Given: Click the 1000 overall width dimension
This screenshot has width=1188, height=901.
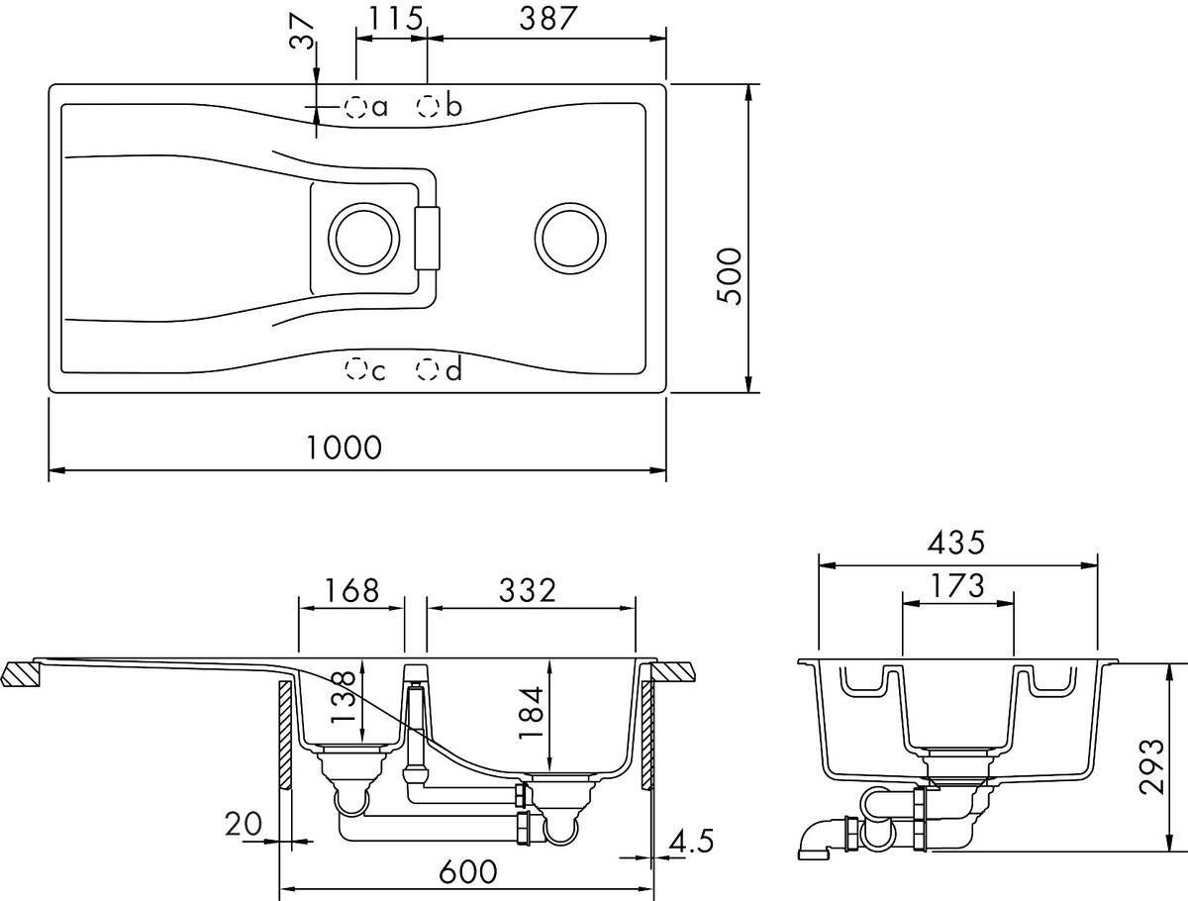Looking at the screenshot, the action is tap(345, 447).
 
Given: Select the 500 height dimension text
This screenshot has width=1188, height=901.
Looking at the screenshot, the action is tap(729, 276).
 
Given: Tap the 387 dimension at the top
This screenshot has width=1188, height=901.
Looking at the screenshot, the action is tap(547, 18).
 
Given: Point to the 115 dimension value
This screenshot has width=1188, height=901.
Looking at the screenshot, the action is tap(396, 18).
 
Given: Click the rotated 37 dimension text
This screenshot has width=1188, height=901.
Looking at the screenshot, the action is tap(302, 32).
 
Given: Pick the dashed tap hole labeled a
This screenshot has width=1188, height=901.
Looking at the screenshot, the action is tap(355, 107).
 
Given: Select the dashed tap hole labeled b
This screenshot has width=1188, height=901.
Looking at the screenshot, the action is tap(428, 106).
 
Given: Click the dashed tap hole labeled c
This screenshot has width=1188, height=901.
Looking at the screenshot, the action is tap(355, 368).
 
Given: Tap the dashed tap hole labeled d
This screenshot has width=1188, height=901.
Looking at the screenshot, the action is tap(427, 368).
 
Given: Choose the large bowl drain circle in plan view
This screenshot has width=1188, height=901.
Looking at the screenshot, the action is tap(570, 238).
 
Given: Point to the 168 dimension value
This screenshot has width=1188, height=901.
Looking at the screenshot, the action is tap(351, 590).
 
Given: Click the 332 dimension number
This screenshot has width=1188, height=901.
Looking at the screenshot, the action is tap(527, 590).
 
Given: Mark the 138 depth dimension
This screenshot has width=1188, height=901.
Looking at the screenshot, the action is tap(343, 698).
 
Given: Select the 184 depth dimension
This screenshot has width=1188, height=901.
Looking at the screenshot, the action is tap(531, 712).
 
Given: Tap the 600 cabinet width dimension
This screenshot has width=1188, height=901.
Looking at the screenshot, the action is tap(467, 871).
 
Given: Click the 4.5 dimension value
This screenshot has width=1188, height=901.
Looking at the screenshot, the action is tap(691, 841).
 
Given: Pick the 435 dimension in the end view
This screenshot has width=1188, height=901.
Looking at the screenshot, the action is tap(956, 543).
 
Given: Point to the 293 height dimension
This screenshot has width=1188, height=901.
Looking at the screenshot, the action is tap(1151, 767).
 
